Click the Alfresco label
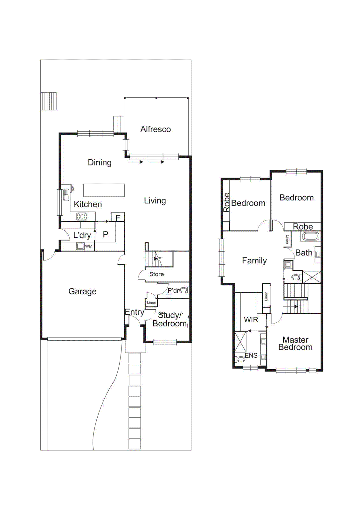tap(156, 129)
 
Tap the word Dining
tap(100, 163)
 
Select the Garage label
tap(82, 291)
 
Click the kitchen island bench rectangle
tap(104, 190)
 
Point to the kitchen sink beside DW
tap(66, 195)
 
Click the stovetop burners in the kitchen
tap(82, 217)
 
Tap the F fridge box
tap(118, 218)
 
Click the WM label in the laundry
tap(89, 246)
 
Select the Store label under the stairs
tap(156, 274)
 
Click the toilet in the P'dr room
tap(183, 290)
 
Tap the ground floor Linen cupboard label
tap(151, 303)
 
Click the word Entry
tap(134, 312)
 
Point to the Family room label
tap(254, 261)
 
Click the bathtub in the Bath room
tap(310, 236)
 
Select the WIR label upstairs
tap(251, 320)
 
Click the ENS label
tap(251, 356)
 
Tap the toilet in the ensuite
tap(240, 359)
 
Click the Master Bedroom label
tap(295, 344)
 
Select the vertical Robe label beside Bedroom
tap(226, 202)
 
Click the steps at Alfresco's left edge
tap(118, 124)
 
